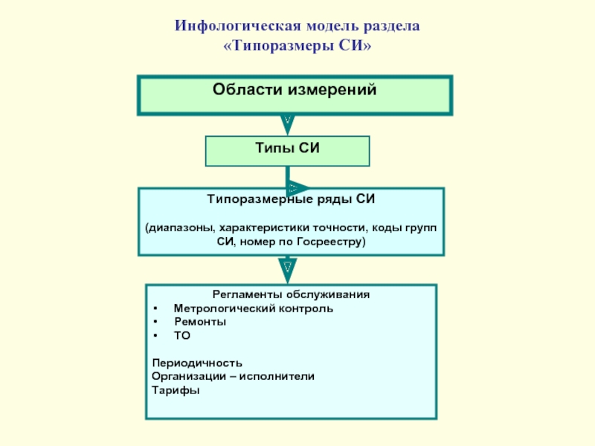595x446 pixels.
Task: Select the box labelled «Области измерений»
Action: (x=295, y=94)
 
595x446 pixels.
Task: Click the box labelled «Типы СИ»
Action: (x=287, y=150)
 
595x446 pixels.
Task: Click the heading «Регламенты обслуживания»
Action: (x=291, y=294)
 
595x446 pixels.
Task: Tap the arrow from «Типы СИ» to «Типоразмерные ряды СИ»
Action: (x=292, y=187)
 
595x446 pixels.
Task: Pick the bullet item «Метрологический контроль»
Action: (x=253, y=308)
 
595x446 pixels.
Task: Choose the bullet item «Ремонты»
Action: (x=200, y=322)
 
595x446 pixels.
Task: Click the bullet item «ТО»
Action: (x=182, y=336)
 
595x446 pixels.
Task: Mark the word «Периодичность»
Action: (x=197, y=363)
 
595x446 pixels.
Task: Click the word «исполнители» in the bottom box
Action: (x=283, y=377)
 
